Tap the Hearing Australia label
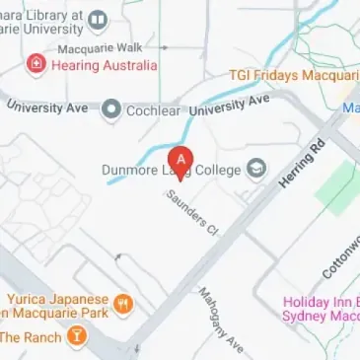[x=104, y=66]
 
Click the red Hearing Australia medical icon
[x=36, y=66]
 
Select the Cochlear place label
[x=153, y=110]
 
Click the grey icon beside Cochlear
[x=111, y=109]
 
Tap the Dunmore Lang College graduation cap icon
[x=257, y=169]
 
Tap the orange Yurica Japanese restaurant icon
[x=123, y=304]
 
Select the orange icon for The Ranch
[x=76, y=337]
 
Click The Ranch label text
[x=30, y=337]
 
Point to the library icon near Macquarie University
[x=98, y=18]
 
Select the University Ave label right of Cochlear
[x=229, y=106]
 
